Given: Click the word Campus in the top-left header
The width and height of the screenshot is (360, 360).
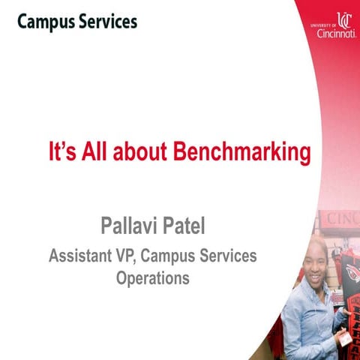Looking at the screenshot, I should point(45,22).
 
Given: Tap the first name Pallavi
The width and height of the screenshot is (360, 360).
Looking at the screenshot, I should point(131,224).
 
